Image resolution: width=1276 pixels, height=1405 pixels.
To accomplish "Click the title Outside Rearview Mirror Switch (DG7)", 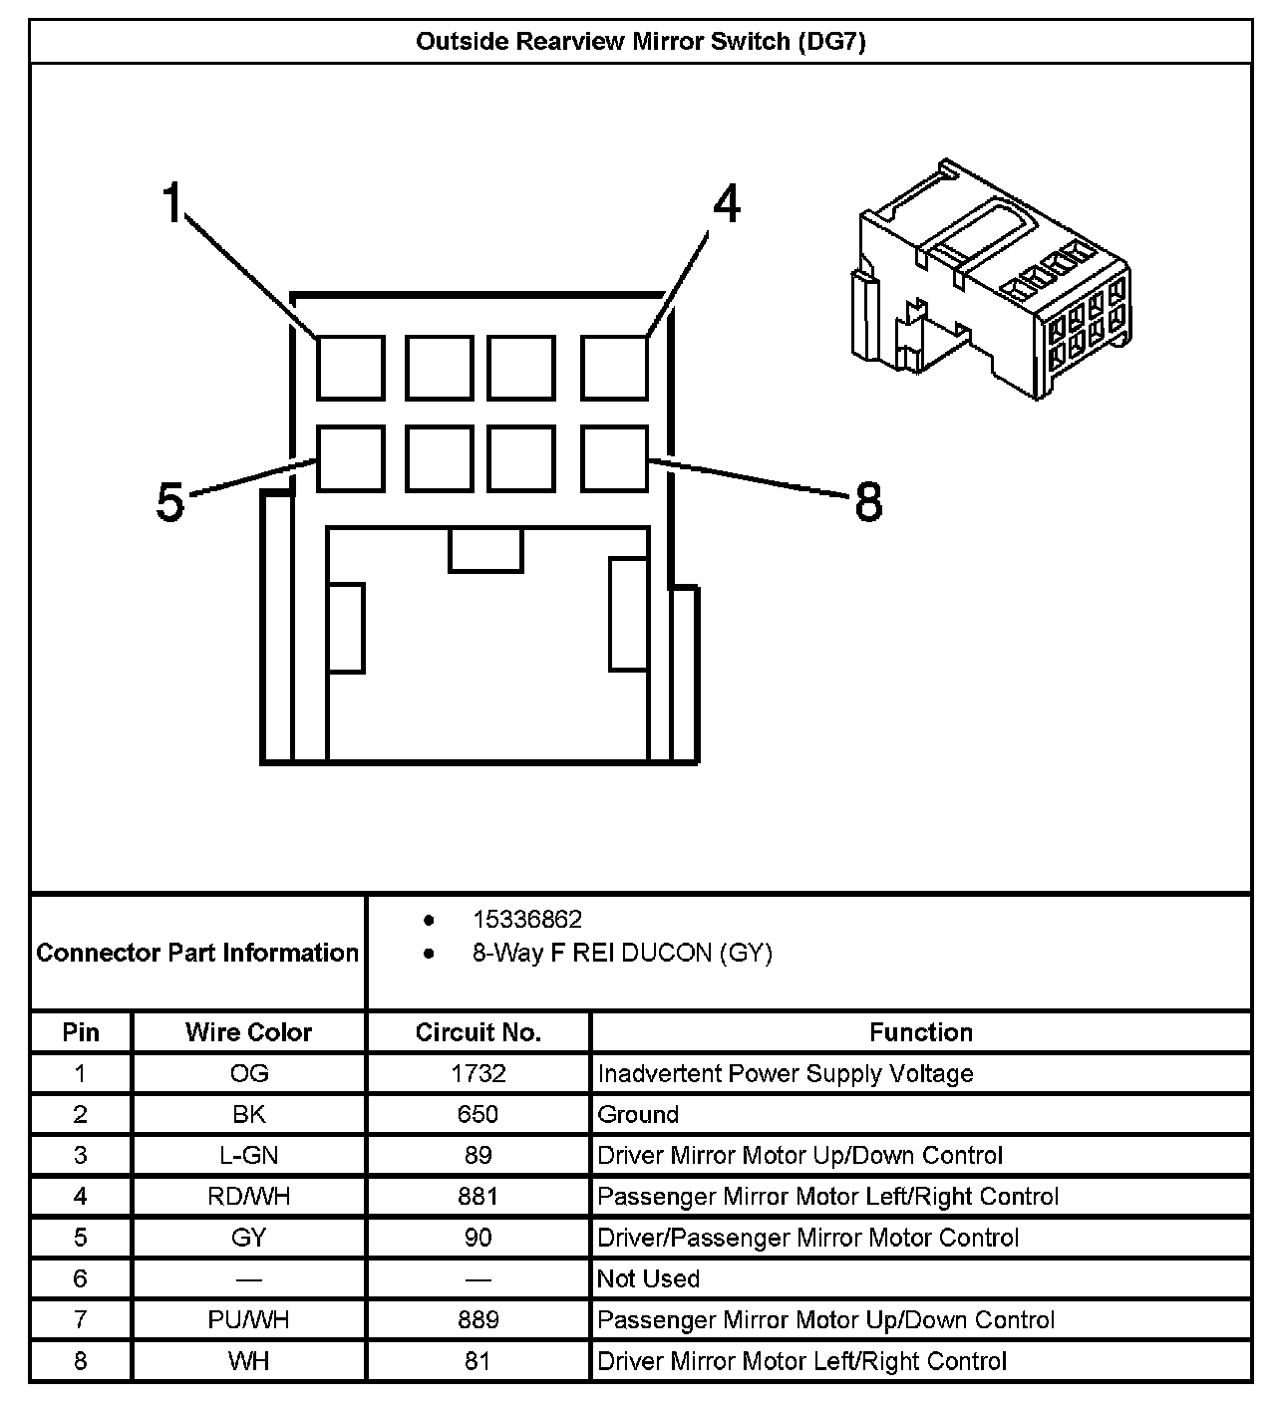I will click(640, 42).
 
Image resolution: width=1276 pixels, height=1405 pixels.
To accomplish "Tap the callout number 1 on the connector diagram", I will click(174, 203).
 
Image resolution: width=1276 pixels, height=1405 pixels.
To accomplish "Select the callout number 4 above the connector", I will click(727, 205).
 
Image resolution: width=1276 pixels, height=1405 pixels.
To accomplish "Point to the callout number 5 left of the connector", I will click(170, 502).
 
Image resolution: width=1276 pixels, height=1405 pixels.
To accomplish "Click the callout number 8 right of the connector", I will click(868, 502).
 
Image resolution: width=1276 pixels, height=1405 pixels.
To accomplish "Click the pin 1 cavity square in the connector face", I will click(351, 368).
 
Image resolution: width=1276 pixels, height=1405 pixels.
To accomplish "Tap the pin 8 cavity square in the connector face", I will click(614, 458).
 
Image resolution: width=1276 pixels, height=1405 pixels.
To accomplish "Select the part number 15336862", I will click(526, 919).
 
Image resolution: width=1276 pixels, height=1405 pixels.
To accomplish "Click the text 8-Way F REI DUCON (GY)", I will click(622, 954).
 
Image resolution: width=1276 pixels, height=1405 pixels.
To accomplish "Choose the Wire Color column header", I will click(248, 1032).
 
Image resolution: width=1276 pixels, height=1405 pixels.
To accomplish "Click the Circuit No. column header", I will click(478, 1032).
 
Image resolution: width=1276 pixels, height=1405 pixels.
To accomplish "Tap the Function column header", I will click(920, 1032).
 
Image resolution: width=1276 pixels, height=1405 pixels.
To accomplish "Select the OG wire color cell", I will click(248, 1073).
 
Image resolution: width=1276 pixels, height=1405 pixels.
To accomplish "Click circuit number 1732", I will click(478, 1073).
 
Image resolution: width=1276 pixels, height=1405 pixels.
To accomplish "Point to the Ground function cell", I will click(638, 1114).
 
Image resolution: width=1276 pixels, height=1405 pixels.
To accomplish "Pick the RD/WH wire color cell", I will click(248, 1196).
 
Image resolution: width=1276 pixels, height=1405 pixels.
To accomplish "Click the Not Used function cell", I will click(648, 1278).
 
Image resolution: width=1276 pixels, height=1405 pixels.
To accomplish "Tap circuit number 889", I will click(478, 1319).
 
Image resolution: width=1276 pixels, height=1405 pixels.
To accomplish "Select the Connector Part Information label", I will click(197, 953).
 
